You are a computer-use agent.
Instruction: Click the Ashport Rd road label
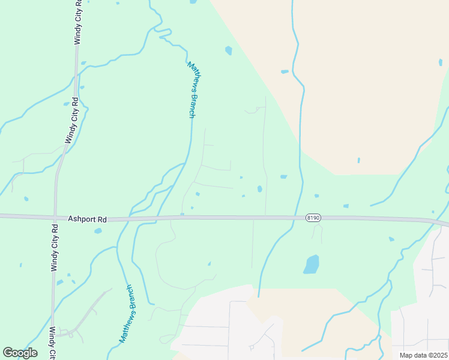coord(87,220)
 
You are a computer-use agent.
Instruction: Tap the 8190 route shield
coord(313,217)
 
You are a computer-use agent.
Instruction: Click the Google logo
coord(20,353)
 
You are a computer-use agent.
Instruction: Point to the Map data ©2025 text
coord(423,355)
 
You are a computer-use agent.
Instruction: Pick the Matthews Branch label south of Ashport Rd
coord(128,314)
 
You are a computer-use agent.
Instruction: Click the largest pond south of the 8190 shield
coord(311,264)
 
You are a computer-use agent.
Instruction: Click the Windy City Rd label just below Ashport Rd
coord(55,247)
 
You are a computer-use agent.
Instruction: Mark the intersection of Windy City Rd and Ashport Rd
coord(55,217)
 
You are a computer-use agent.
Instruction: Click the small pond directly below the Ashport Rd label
coord(98,231)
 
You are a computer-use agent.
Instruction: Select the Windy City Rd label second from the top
coord(71,121)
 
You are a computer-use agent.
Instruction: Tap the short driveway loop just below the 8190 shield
coord(317,232)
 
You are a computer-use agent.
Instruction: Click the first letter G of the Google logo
coord(8,353)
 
